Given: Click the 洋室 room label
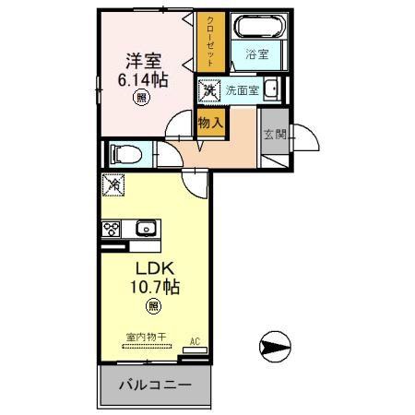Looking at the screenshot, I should [x=143, y=61].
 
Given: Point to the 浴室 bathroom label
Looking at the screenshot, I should [x=256, y=55].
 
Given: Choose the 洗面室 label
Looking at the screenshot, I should [x=243, y=90].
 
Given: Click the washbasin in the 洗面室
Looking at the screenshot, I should [x=273, y=89].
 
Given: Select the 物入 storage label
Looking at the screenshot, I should [x=210, y=122].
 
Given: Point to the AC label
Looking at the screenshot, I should [x=195, y=341].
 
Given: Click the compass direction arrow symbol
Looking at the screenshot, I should [x=276, y=348].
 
